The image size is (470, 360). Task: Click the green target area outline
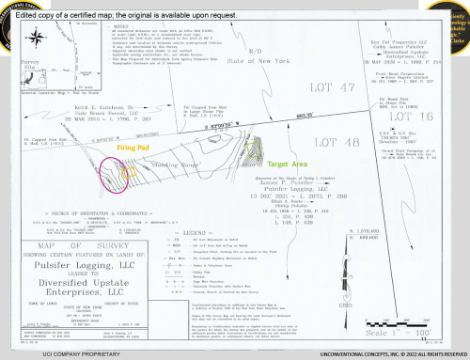[x=256, y=143]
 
